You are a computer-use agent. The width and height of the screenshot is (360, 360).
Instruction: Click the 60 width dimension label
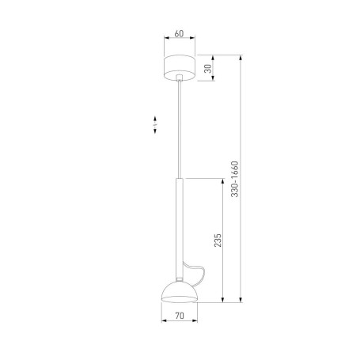(180, 35)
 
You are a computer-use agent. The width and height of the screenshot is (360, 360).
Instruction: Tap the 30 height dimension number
(207, 69)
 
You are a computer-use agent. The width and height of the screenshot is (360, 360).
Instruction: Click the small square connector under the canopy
(180, 78)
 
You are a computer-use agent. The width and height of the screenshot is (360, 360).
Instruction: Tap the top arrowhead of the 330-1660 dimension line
(241, 56)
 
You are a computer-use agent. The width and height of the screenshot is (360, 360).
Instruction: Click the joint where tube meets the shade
(180, 279)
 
